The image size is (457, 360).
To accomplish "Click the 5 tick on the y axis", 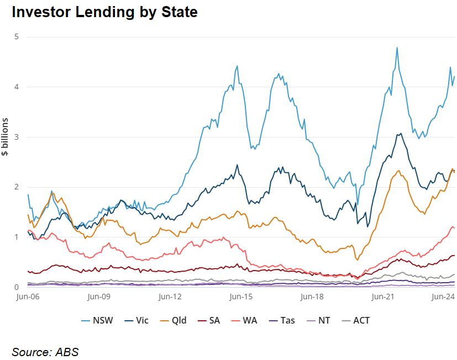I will coord(17,37).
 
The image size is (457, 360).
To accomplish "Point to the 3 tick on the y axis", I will coord(17,137).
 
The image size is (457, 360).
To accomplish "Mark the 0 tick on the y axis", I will coord(17,287).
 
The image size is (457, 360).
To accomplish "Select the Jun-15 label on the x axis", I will coord(241,297).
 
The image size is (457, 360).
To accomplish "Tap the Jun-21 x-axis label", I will coord(382,297).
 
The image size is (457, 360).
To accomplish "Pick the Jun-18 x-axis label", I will coord(312,297).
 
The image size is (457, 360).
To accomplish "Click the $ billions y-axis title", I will coord(6,137).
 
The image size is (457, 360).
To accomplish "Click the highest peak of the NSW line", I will coord(397,47).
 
